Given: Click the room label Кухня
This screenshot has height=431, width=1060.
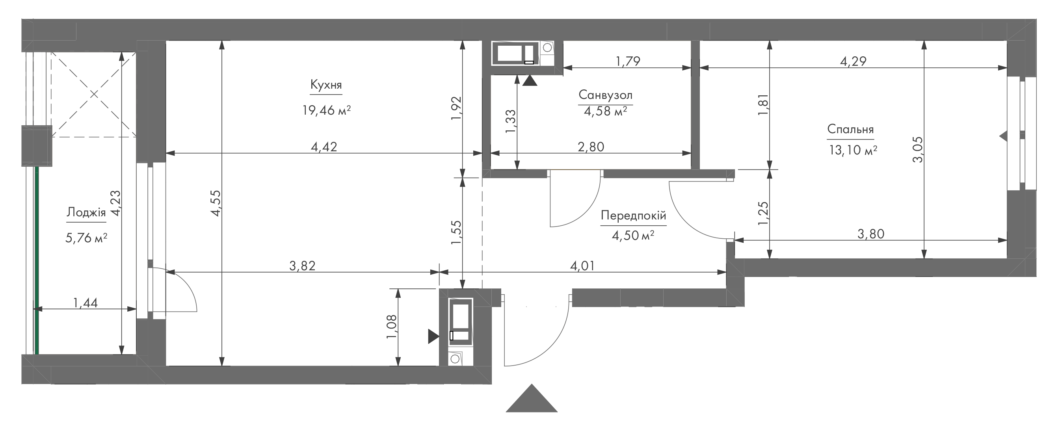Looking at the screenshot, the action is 326,85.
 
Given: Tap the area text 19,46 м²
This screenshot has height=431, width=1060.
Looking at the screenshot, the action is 326,110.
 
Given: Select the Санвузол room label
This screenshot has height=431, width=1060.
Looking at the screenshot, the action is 605,95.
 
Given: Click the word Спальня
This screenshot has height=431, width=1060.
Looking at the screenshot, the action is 850,130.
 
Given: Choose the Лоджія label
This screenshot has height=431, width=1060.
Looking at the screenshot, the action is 86,212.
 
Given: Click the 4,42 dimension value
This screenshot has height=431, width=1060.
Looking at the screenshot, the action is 324,147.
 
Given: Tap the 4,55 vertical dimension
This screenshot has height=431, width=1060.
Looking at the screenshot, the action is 216,203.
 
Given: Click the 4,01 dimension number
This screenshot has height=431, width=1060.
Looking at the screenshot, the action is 582,266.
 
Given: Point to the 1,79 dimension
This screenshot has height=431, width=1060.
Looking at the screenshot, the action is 628,61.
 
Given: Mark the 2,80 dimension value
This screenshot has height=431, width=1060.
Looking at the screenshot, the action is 591,147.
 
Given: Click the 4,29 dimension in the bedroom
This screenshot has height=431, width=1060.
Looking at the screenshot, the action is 853,61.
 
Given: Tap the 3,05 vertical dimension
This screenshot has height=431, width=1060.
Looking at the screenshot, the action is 918,150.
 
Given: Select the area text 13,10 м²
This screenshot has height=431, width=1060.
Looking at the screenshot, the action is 853,150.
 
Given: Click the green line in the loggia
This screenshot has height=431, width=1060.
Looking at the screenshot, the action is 37,260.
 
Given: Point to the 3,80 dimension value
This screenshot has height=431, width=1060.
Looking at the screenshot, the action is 871,234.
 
